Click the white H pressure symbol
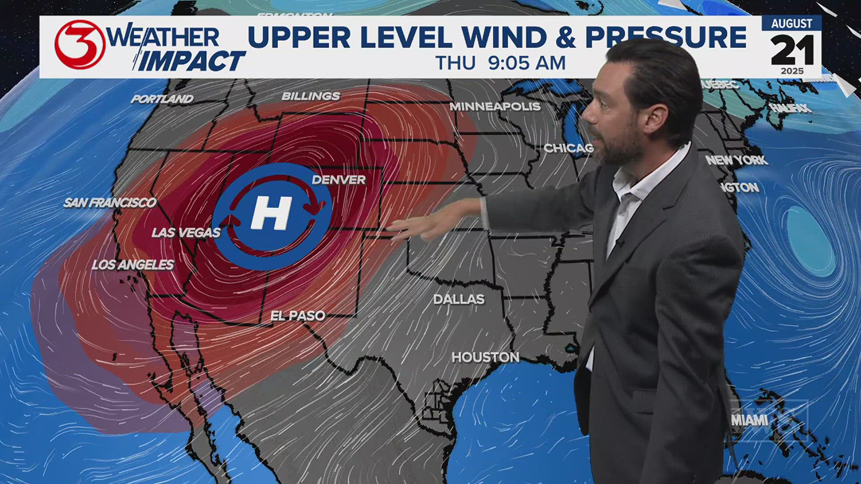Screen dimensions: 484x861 (x=271, y=214)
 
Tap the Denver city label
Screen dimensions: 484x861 (x=339, y=180)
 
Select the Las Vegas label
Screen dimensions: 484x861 (x=186, y=233)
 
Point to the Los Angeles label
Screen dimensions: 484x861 (x=133, y=265)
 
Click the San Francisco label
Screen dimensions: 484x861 (x=110, y=203)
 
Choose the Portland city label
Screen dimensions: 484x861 (x=162, y=99)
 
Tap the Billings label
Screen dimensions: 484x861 (x=311, y=96)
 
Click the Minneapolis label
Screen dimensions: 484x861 (x=495, y=106)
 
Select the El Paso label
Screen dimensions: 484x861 (x=298, y=315)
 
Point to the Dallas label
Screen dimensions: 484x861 (x=459, y=299)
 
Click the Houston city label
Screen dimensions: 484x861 (x=485, y=357)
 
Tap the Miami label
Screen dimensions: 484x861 (x=750, y=420)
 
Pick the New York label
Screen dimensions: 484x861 (x=737, y=160)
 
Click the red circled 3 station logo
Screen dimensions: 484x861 (x=79, y=45)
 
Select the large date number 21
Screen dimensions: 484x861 (x=792, y=51)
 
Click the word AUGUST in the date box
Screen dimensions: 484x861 (x=791, y=24)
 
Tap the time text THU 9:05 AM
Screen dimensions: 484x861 (x=500, y=63)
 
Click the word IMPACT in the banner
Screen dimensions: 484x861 (x=192, y=61)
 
